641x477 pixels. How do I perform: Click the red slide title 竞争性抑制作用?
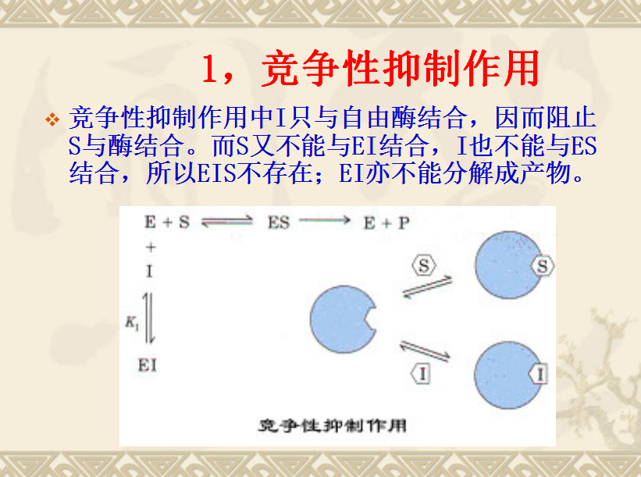401,68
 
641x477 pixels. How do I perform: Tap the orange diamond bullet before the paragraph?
52,119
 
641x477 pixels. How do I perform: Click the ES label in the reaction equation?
279,222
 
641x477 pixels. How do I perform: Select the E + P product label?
386,223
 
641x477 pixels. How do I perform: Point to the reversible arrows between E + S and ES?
227,222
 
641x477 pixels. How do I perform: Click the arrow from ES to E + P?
325,220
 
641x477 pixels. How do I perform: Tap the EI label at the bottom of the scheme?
147,365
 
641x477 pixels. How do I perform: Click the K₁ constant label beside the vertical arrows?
132,323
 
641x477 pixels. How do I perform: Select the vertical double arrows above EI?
149,318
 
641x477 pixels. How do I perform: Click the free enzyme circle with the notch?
343,319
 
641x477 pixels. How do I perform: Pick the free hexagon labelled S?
423,265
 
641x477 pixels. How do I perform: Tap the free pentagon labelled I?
421,374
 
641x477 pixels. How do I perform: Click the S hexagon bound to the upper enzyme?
542,266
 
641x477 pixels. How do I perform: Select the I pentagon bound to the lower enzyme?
538,375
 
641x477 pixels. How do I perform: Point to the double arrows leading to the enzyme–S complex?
428,287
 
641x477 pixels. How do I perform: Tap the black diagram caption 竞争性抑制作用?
333,426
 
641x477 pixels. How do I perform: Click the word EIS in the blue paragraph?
217,173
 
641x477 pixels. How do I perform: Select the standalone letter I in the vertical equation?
149,271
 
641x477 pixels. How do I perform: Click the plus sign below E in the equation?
151,247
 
